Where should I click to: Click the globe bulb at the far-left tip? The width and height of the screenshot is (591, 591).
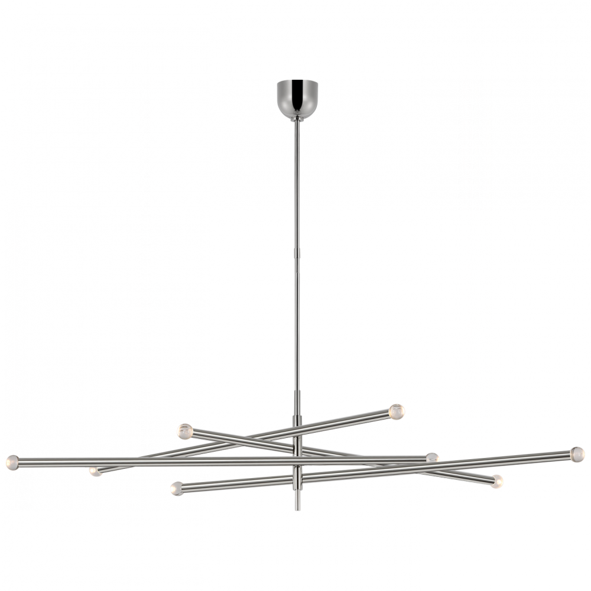[x=11, y=460]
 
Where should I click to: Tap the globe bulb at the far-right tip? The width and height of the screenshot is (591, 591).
[x=577, y=453]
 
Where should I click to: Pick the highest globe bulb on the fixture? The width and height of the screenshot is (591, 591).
[x=397, y=410]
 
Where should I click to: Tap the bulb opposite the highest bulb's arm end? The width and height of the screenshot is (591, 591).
[x=93, y=470]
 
